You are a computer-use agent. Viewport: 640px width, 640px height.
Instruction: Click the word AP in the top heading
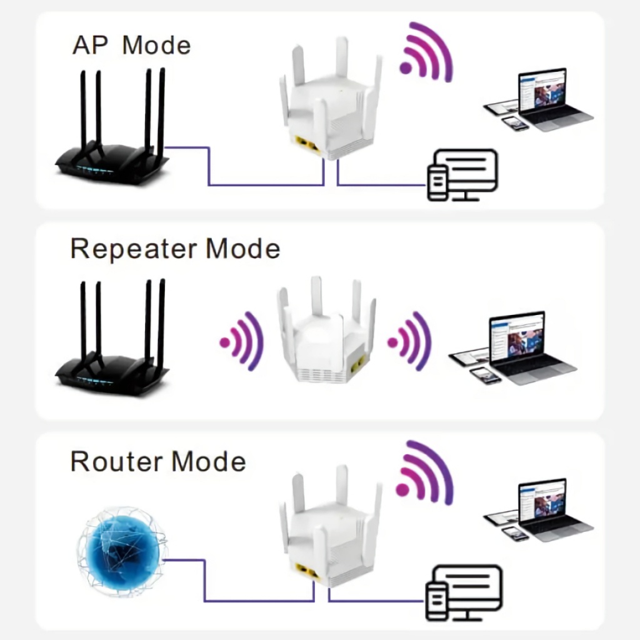(x=90, y=46)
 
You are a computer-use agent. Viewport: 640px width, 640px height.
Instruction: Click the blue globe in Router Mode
(x=122, y=550)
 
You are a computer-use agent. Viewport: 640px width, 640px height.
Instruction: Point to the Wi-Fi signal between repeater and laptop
(x=410, y=341)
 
